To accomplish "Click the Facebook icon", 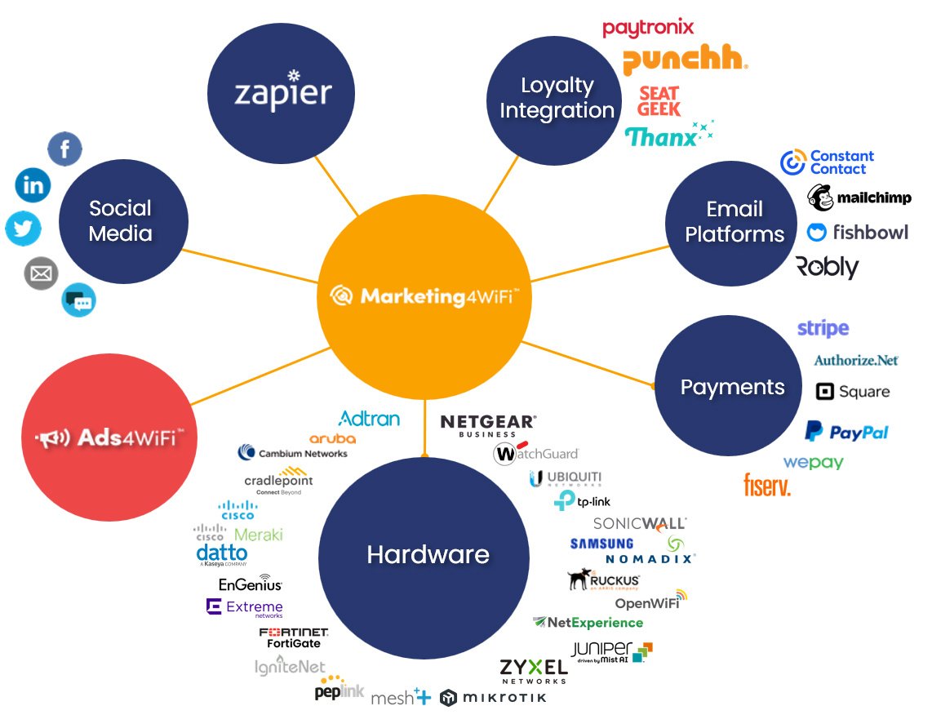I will click(x=65, y=149).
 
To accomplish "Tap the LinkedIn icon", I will click(x=33, y=186).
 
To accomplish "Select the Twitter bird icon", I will click(x=23, y=229).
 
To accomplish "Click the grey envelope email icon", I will click(x=41, y=273).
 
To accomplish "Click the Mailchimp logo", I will click(x=859, y=198).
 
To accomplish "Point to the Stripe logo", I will click(x=823, y=328).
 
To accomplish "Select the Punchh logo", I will click(x=685, y=60).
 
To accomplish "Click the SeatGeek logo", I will click(x=659, y=101).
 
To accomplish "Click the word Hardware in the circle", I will click(x=428, y=555).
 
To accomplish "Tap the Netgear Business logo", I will click(x=488, y=424).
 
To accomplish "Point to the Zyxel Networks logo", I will click(x=533, y=670).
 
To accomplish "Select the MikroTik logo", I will click(x=493, y=697).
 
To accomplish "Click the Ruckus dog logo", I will click(x=603, y=580).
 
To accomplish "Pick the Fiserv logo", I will click(x=767, y=485).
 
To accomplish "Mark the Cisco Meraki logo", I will click(x=238, y=534).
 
